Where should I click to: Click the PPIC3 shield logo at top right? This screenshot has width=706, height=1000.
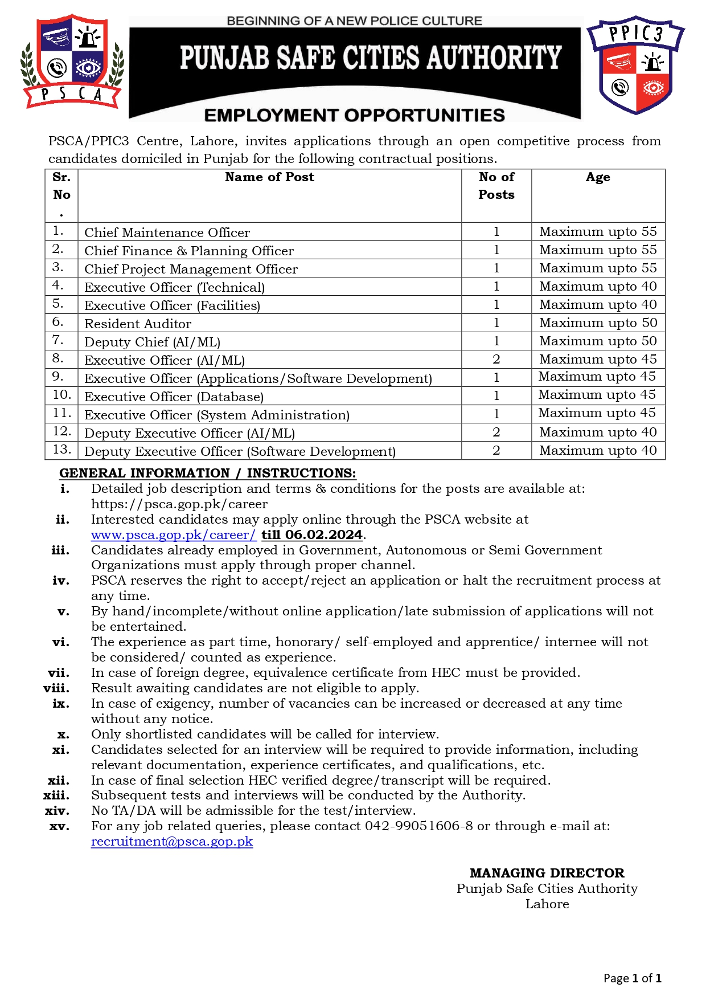(635, 64)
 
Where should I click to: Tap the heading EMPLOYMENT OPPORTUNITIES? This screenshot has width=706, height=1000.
(354, 115)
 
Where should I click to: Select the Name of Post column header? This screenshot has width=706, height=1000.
(269, 177)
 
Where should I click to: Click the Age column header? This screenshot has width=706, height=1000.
(598, 177)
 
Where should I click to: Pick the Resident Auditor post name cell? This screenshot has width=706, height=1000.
(138, 324)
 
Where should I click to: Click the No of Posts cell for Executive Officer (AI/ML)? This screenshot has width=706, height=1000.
(496, 360)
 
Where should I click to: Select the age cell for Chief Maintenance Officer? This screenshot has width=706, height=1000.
(598, 232)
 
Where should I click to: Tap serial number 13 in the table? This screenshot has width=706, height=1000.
(61, 450)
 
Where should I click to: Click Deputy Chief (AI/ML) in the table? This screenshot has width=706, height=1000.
(152, 342)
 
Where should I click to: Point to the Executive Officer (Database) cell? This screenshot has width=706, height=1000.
(174, 397)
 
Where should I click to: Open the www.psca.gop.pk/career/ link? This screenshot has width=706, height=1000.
(174, 535)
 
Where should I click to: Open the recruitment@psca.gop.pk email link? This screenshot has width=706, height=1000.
(172, 842)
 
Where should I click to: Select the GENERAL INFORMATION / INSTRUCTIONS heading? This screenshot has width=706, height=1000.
(207, 474)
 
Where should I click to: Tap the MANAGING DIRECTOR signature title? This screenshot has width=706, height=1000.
(547, 873)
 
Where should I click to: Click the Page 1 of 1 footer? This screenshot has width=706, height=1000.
(632, 978)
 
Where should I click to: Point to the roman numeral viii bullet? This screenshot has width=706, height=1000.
(56, 688)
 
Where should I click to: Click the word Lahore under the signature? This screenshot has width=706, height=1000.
(547, 904)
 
